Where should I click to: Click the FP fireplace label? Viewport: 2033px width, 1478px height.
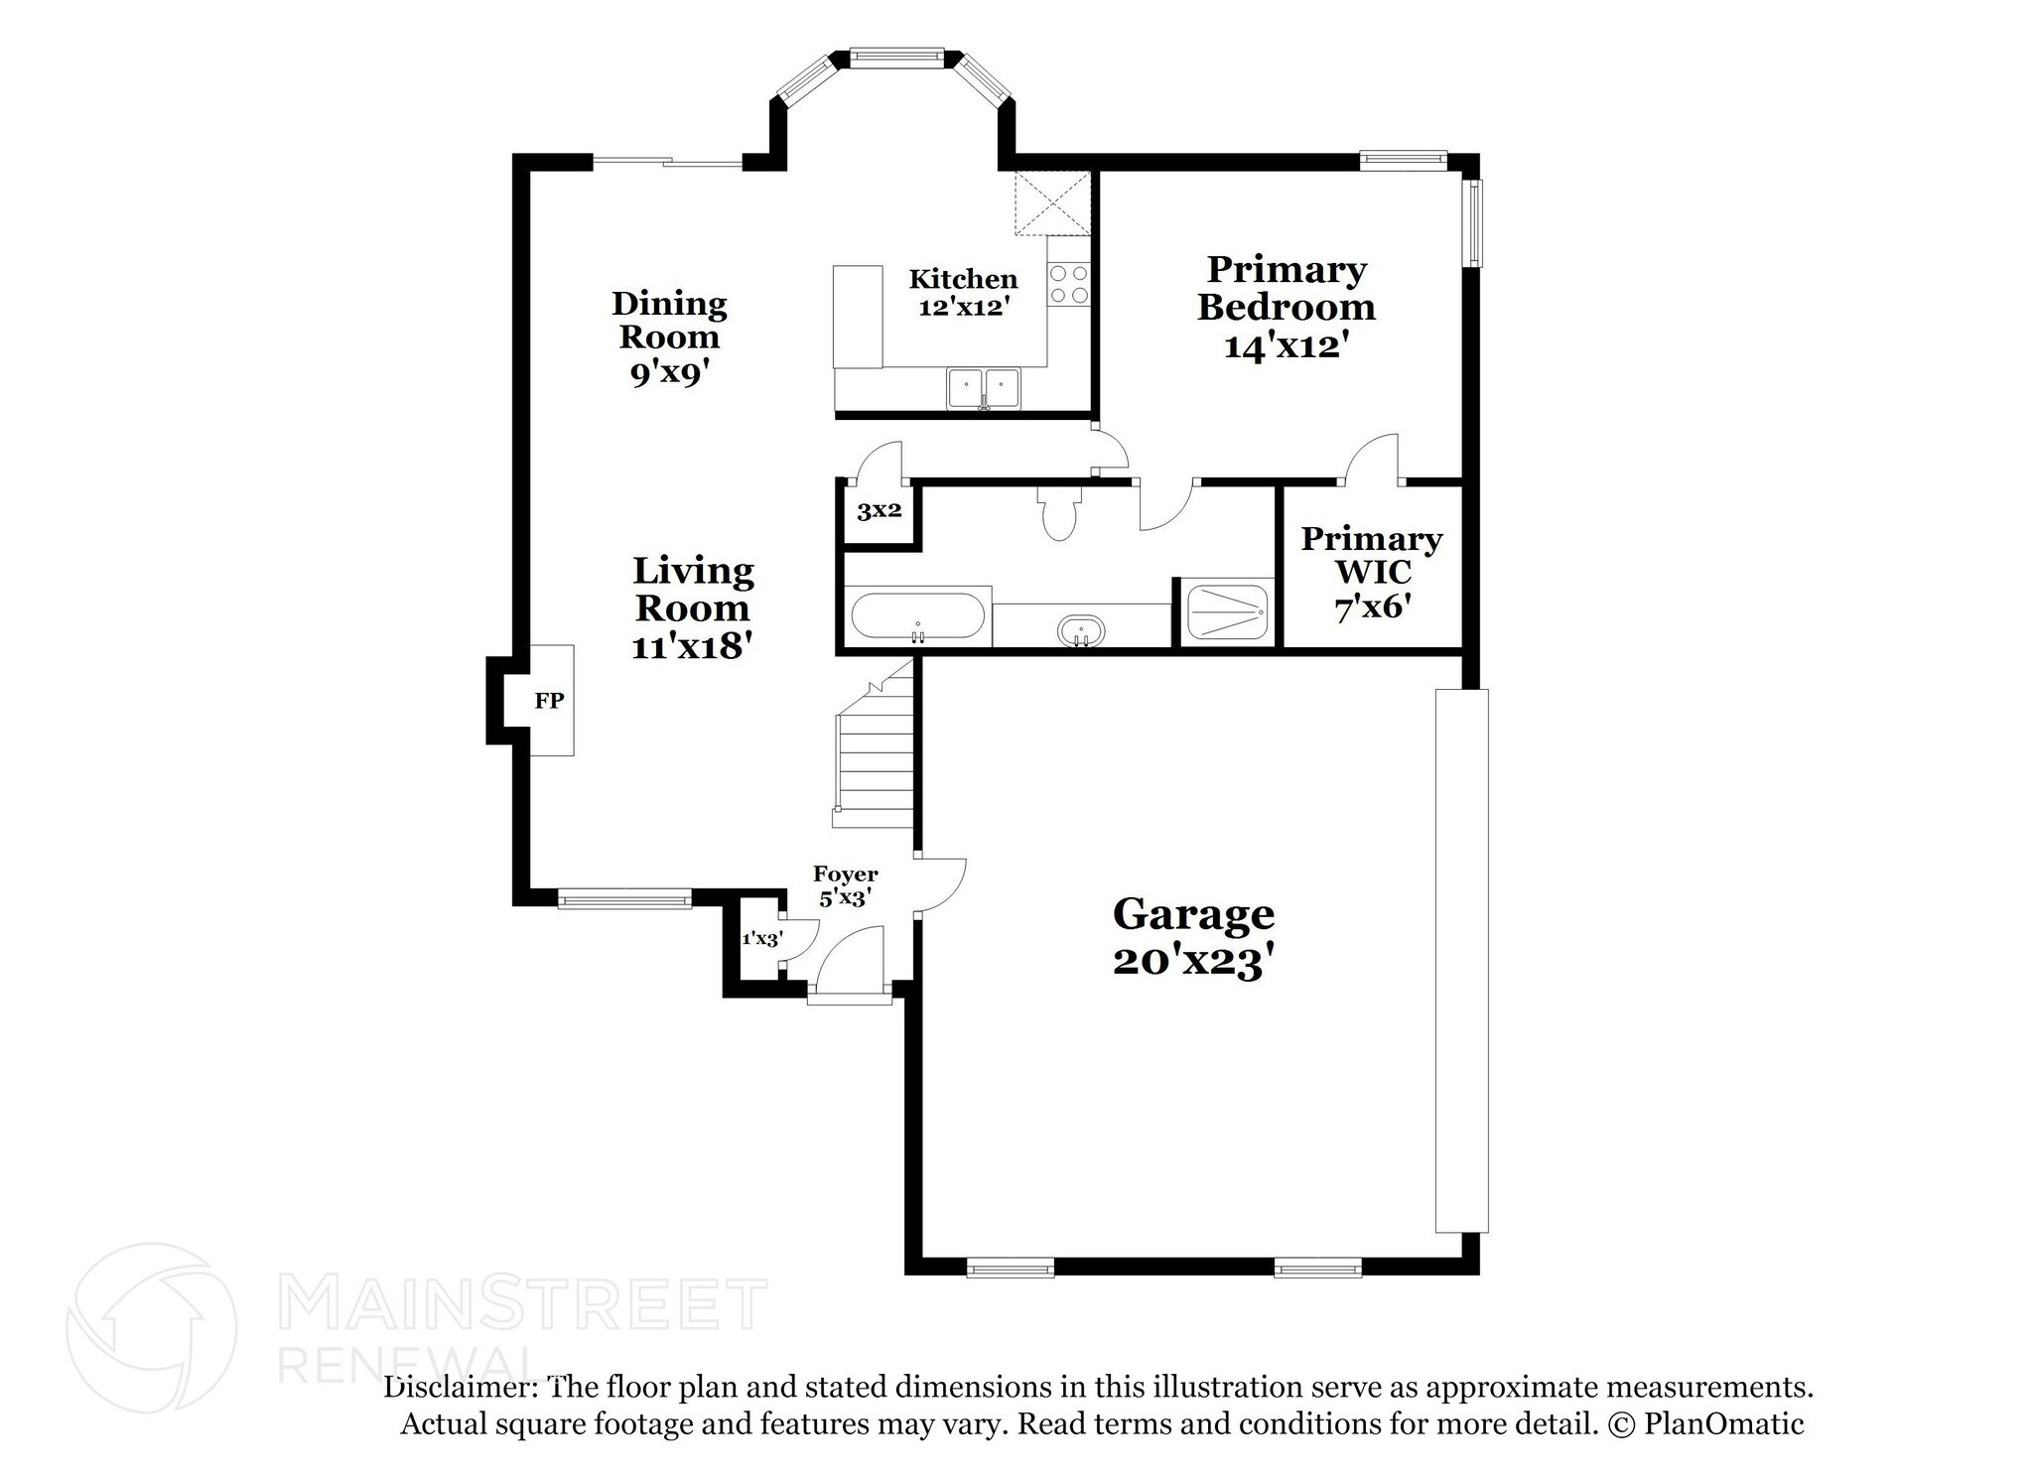[549, 701]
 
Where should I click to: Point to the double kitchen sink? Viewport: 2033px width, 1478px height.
[983, 388]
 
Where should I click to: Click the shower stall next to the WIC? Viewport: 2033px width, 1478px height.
[1228, 612]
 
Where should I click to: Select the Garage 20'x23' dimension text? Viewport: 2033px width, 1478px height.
[1193, 961]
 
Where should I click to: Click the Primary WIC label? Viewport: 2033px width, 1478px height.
[1372, 555]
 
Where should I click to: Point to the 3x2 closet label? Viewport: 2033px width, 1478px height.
[880, 511]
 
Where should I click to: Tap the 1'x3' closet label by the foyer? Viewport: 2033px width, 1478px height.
[762, 938]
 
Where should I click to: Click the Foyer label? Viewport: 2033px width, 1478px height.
[846, 874]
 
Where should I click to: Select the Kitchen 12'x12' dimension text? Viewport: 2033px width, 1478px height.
[964, 307]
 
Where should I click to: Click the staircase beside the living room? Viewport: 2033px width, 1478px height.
[875, 744]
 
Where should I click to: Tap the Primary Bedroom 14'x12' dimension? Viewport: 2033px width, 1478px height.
[1287, 345]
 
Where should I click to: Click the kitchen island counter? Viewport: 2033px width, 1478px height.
[858, 317]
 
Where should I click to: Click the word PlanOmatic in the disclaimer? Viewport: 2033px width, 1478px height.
[1724, 1424]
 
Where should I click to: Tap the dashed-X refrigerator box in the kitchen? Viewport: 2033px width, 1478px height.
[1052, 203]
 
